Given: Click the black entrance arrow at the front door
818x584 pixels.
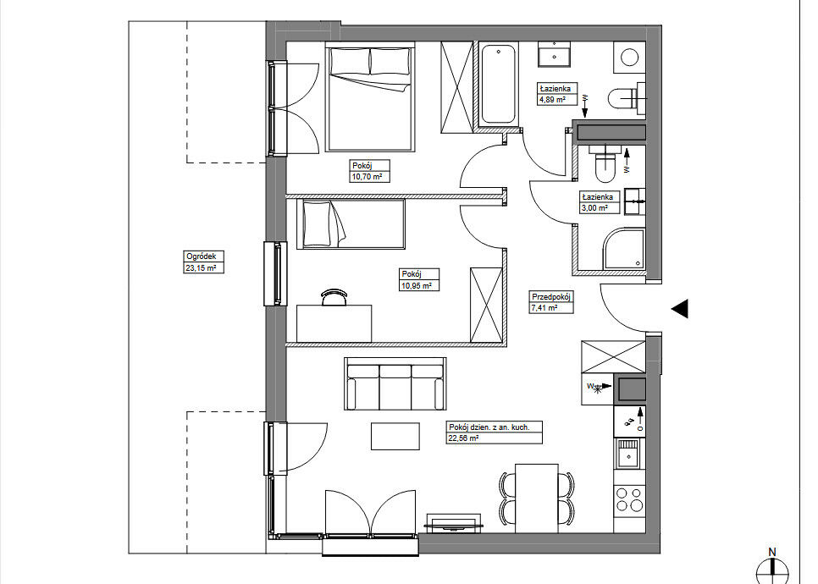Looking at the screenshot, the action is pyautogui.click(x=679, y=309).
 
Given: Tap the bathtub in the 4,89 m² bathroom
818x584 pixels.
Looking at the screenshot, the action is pyautogui.click(x=500, y=84).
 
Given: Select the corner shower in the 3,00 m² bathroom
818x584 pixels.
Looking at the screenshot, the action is pyautogui.click(x=623, y=249).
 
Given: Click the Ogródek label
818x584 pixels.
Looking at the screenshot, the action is pyautogui.click(x=201, y=256).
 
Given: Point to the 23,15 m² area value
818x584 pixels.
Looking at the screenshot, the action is pyautogui.click(x=201, y=268).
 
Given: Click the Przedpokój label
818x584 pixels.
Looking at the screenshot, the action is pyautogui.click(x=551, y=297).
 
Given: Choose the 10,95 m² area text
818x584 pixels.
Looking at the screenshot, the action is pyautogui.click(x=417, y=286).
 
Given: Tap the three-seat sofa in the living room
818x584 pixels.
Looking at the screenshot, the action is pyautogui.click(x=395, y=384).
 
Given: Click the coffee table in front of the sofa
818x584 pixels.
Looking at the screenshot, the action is pyautogui.click(x=395, y=436).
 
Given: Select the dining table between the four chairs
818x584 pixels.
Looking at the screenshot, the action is pyautogui.click(x=537, y=498).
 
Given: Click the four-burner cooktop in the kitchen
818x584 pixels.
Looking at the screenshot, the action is pyautogui.click(x=630, y=499).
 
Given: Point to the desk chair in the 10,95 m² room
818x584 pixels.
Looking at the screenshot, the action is pyautogui.click(x=334, y=297).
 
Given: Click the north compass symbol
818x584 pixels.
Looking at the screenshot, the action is pyautogui.click(x=772, y=568).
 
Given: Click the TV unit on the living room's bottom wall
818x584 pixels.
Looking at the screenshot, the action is pyautogui.click(x=453, y=523).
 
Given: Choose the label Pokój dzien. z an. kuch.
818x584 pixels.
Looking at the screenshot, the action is pyautogui.click(x=489, y=427).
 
